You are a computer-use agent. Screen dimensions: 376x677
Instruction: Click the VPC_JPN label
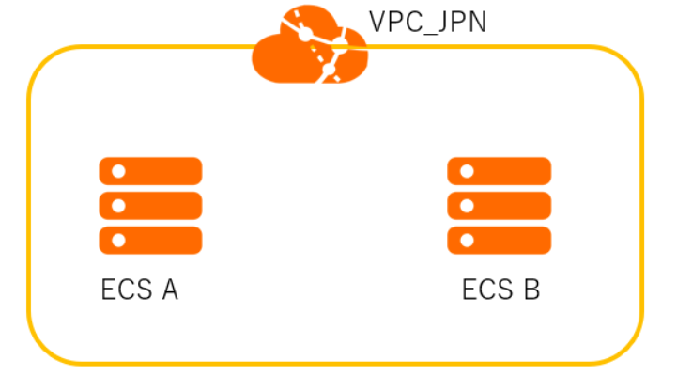427,22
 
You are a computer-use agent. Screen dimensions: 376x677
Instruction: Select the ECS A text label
139,290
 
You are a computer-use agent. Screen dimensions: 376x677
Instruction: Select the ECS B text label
500,290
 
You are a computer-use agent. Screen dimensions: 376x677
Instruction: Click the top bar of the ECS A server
151,171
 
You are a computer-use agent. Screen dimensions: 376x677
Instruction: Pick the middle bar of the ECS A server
151,205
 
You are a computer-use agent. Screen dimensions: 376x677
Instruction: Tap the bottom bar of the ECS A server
151,239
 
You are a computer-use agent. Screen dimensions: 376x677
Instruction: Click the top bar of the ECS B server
499,171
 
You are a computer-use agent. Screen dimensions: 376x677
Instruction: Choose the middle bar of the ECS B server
499,205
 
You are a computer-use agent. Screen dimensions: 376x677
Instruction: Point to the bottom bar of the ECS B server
499,239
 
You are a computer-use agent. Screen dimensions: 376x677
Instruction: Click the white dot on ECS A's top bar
118,171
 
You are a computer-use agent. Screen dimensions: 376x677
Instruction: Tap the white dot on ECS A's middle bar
118,205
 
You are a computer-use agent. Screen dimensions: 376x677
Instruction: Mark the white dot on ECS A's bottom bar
118,240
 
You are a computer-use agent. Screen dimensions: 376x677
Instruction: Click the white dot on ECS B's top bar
467,171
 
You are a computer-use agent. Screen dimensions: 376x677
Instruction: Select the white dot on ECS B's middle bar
467,205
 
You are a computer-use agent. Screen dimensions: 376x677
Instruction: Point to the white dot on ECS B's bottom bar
467,240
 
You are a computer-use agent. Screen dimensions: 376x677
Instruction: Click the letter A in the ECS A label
169,290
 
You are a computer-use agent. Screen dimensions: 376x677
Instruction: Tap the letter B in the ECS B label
531,290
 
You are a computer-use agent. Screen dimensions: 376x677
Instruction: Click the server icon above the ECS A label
151,205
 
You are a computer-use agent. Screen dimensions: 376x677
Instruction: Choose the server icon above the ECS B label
499,205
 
